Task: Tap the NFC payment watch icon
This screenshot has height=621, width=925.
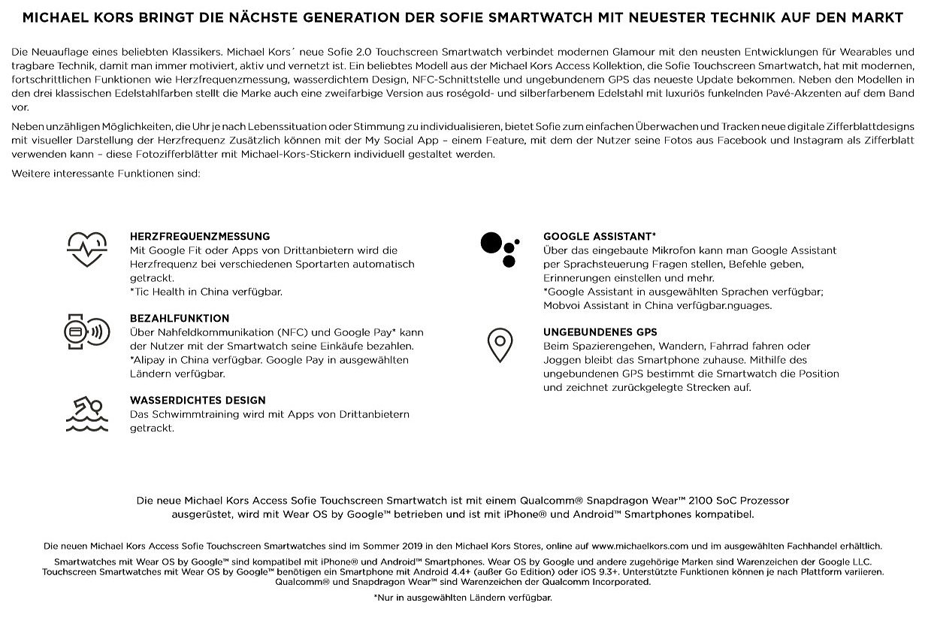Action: (x=86, y=332)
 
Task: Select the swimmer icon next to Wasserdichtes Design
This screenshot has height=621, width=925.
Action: (x=86, y=414)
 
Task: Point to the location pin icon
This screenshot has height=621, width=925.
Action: (x=500, y=345)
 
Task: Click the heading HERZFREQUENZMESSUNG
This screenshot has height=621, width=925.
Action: (x=200, y=236)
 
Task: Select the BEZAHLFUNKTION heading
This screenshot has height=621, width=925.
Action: (x=180, y=318)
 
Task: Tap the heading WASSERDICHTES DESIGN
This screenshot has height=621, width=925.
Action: (x=198, y=400)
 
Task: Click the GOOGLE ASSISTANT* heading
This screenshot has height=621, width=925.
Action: (x=600, y=236)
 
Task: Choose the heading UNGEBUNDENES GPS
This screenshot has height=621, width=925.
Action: (x=600, y=332)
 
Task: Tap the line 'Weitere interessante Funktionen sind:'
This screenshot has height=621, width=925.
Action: (x=105, y=174)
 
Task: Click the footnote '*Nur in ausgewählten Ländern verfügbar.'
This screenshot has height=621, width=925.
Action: (x=462, y=598)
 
